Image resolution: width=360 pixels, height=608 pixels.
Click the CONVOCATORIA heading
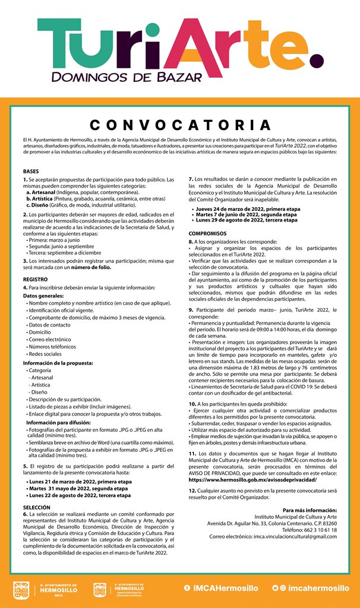180,125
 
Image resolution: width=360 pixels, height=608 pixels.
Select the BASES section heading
31,171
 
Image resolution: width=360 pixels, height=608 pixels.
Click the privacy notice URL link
252,479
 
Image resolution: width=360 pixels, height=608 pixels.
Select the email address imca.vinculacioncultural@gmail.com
295,536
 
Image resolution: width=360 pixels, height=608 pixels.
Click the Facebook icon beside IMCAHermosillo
187,588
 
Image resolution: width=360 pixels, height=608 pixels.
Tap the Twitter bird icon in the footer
275,588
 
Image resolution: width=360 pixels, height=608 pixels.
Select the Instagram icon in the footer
283,588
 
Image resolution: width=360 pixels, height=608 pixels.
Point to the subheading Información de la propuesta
58,362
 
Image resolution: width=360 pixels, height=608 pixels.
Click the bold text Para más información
310,510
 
